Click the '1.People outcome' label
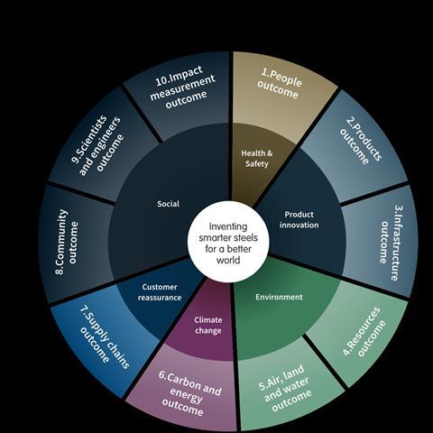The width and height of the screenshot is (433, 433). [x=280, y=84]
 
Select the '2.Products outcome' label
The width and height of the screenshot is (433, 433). [x=361, y=141]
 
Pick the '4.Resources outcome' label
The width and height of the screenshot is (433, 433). [x=364, y=332]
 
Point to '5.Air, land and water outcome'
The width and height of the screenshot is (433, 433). [x=285, y=389]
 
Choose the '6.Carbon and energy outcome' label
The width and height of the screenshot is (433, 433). [x=189, y=393]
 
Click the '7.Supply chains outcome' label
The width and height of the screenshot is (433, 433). [x=105, y=337]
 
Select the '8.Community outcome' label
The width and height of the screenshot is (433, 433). [x=67, y=242]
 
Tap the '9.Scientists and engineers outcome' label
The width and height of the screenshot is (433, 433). [x=97, y=145]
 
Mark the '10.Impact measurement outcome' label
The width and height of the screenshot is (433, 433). [x=183, y=88]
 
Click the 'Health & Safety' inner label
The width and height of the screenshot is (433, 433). [x=257, y=159]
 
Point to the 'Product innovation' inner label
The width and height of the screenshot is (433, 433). [x=299, y=220]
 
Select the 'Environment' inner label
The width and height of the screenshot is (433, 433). [x=279, y=297]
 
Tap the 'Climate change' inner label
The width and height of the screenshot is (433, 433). [x=208, y=326]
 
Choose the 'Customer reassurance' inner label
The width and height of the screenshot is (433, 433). [x=160, y=292]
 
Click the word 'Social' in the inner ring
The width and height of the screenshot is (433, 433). [x=168, y=204]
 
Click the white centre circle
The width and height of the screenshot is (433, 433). [x=228, y=242]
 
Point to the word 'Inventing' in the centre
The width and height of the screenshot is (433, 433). [x=228, y=226]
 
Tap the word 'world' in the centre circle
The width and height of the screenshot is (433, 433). [x=228, y=260]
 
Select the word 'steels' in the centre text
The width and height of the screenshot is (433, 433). [x=243, y=238]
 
